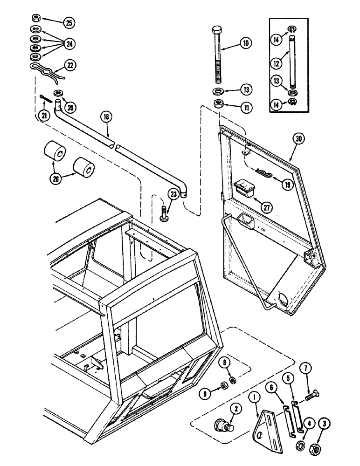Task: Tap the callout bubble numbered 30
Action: click(298, 138)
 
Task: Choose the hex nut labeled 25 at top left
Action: click(36, 19)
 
